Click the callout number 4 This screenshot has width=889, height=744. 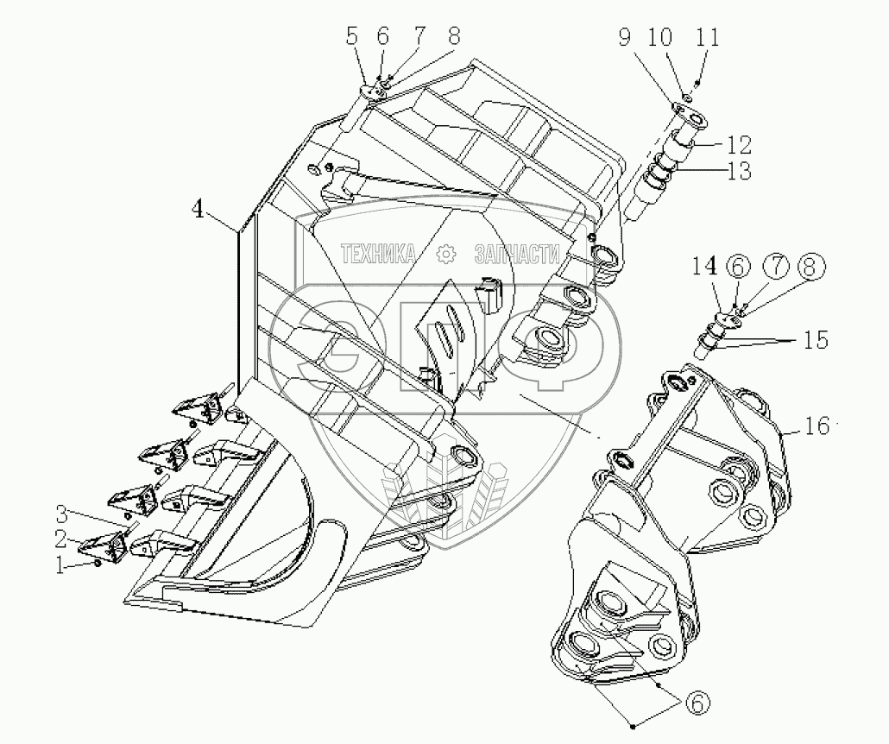point(199,211)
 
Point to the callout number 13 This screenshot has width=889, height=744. point(737,171)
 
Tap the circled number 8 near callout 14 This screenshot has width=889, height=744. point(807,268)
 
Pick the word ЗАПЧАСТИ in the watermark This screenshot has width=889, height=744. point(517,254)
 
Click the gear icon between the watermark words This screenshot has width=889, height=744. point(446,254)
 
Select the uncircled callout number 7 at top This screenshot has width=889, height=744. point(419,36)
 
